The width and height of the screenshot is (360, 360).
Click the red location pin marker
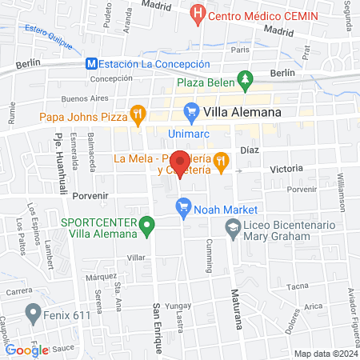point(180,164)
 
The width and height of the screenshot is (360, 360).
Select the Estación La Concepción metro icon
point(92,64)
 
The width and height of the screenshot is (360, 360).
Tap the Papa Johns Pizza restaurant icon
point(138,114)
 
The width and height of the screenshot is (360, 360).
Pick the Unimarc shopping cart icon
point(190,112)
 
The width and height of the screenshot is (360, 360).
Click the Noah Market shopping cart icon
point(182,209)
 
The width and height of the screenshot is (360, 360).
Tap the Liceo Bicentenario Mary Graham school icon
point(231,228)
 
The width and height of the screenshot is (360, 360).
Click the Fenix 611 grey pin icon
point(33,312)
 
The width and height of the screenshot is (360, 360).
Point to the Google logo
point(27,350)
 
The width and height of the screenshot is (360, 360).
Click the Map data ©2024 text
point(324,353)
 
